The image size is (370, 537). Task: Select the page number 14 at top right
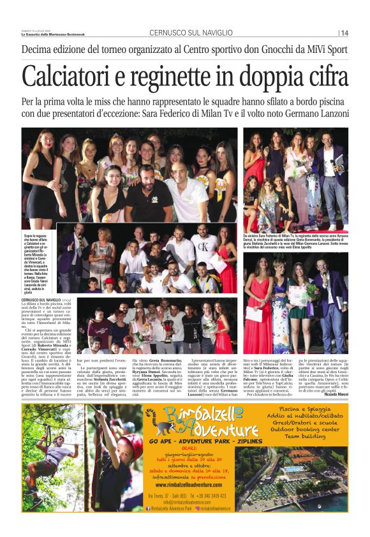344,33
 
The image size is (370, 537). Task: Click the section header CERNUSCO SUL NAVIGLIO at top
182,33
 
